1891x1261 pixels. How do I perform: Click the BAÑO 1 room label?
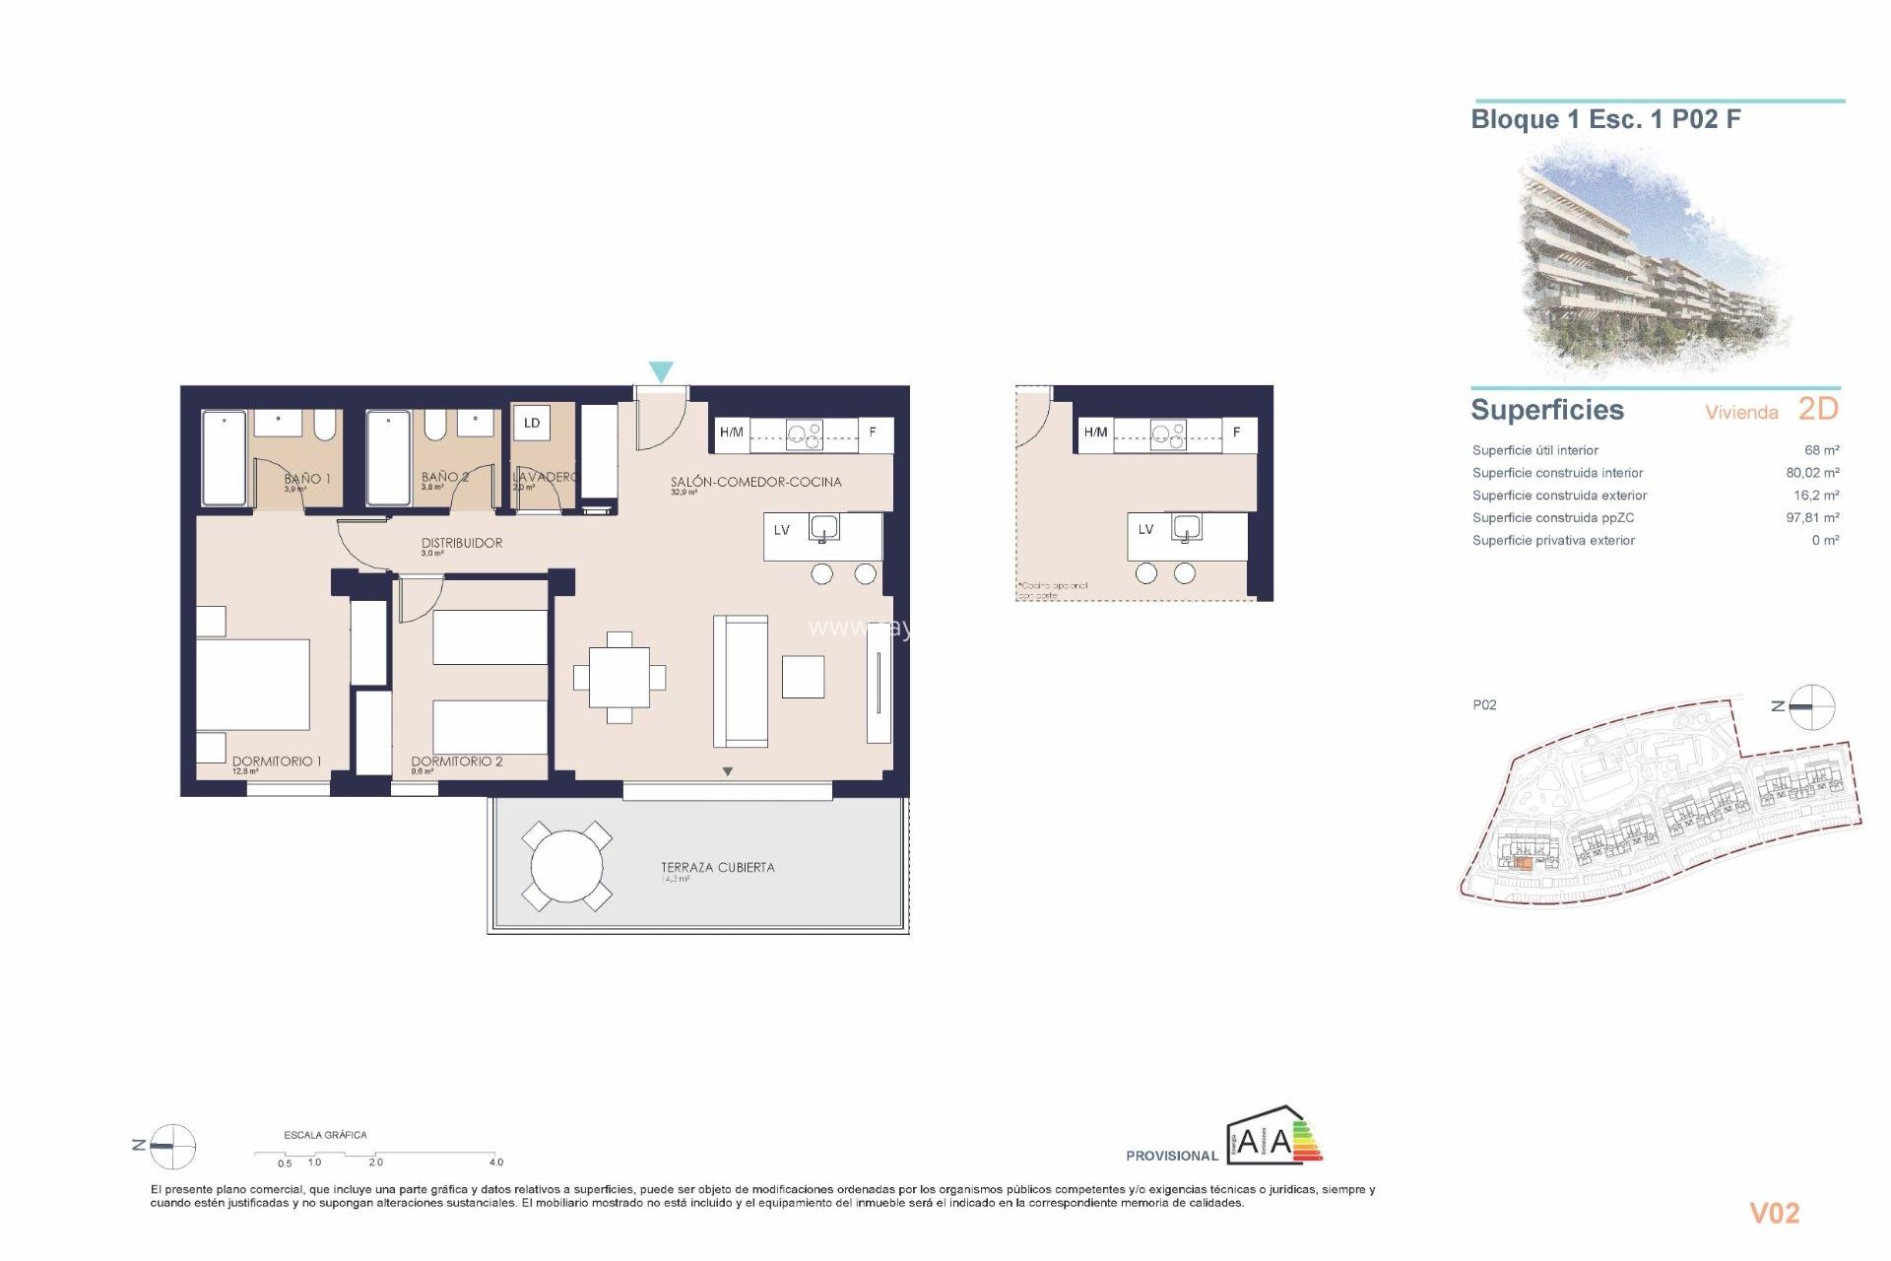pos(306,479)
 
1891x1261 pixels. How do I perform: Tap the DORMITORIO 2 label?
pos(456,762)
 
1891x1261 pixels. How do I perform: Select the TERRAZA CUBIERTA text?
pos(717,868)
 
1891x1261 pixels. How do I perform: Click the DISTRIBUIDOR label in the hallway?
pos(461,543)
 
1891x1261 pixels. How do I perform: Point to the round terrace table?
pos(566,866)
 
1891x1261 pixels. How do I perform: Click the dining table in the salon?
pos(619,678)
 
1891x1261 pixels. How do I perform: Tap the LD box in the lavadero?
pos(532,424)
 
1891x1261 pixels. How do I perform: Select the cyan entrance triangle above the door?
pos(661,371)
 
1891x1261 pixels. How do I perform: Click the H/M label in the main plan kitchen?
pos(731,432)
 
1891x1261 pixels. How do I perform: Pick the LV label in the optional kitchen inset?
pos(1145,530)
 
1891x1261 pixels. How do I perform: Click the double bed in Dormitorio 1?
pos(253,685)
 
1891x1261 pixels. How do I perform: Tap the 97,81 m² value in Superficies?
pos(1812,518)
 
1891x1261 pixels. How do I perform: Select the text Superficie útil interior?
pos(1534,450)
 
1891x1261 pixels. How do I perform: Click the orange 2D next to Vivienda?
pos(1817,409)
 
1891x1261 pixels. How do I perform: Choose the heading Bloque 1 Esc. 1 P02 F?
pos(1605,120)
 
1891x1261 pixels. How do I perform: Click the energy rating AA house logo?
pos(1272,1138)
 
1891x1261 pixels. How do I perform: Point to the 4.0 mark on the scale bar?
pos(496,1162)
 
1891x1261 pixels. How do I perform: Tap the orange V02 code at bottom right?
pos(1774,1214)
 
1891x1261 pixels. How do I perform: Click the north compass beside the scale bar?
pos(172,1146)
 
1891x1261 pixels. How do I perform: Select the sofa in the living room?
pos(741,681)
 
